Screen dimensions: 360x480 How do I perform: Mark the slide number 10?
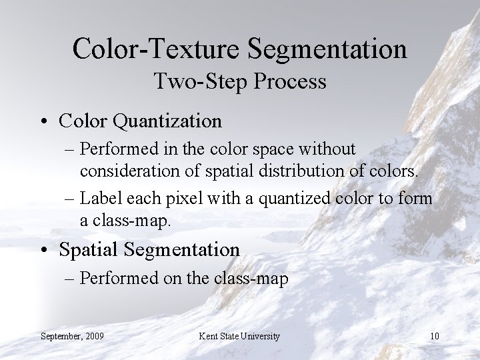point(434,335)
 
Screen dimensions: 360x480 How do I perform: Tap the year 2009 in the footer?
point(93,335)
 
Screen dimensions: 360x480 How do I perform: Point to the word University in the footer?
point(257,335)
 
